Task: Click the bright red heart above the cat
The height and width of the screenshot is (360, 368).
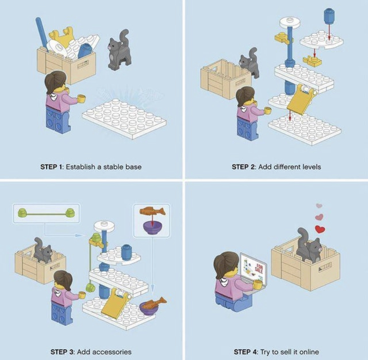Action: coord(320,229)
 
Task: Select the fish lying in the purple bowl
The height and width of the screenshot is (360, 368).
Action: coord(154,303)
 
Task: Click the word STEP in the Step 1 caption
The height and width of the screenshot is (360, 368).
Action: coord(49,167)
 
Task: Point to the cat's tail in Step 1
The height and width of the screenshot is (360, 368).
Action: coord(124,37)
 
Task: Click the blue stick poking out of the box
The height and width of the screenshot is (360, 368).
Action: coord(41,33)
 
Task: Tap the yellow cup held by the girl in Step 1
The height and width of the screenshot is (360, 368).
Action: coord(81,99)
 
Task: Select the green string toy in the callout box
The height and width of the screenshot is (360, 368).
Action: coord(46,213)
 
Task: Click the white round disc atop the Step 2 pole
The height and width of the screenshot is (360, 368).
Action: coord(290,23)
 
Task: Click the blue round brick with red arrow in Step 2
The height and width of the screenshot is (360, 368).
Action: coord(329,16)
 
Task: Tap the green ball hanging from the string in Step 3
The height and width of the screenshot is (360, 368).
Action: coord(90,287)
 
